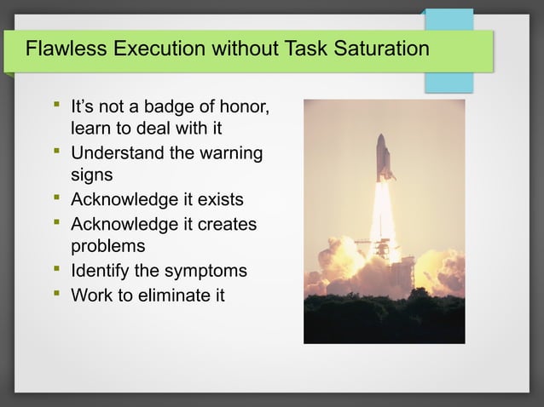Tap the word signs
tap(92, 175)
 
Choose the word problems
tap(107, 246)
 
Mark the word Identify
tap(101, 271)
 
